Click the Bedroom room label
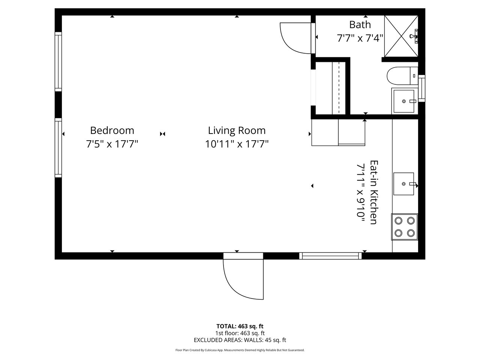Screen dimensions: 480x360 (x=112, y=130)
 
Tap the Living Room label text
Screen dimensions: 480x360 (x=237, y=130)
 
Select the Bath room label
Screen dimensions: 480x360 (x=360, y=24)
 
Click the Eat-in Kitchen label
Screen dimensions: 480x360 (x=374, y=192)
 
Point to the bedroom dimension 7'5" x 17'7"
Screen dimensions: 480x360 (x=112, y=144)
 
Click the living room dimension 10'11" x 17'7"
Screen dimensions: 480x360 (x=237, y=144)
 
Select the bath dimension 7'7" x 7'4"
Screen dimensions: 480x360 (x=360, y=38)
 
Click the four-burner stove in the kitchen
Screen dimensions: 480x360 (x=405, y=226)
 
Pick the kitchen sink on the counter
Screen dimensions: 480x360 (x=403, y=184)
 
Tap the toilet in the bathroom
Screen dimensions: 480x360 (x=402, y=76)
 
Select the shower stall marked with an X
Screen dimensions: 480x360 (x=401, y=36)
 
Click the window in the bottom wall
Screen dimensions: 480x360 (x=330, y=256)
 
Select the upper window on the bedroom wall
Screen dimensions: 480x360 (x=58, y=61)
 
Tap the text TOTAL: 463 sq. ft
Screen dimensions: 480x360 (x=240, y=326)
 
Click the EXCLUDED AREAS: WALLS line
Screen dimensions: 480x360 (x=240, y=340)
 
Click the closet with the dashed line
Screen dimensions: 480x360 (x=331, y=88)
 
